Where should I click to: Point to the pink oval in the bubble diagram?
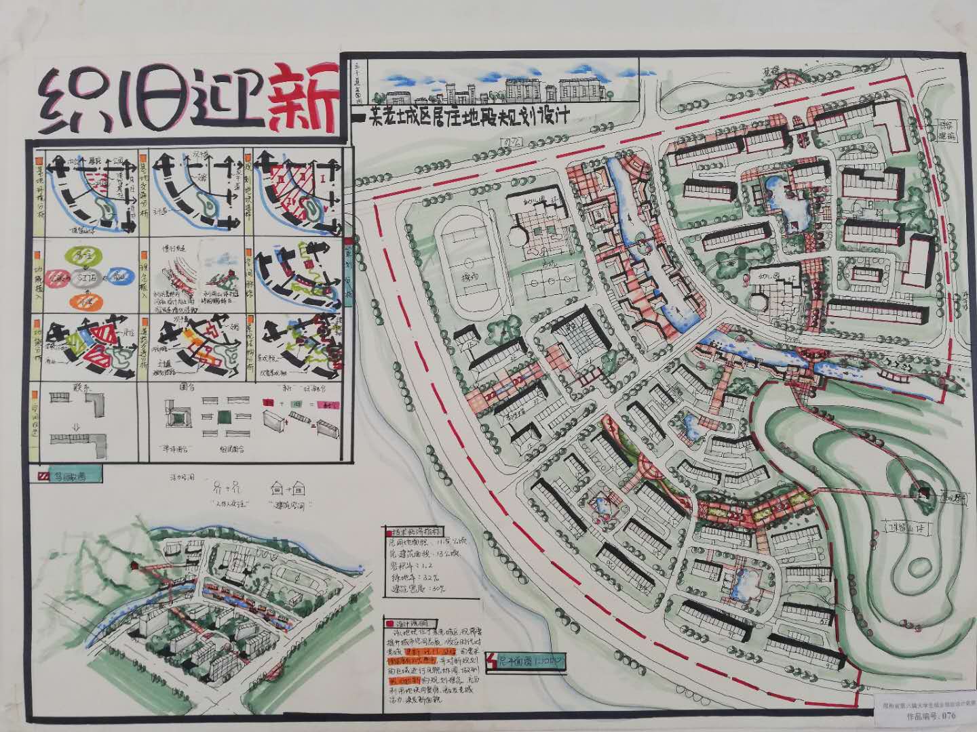point(58,277)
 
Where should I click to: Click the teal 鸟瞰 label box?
point(68,476)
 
